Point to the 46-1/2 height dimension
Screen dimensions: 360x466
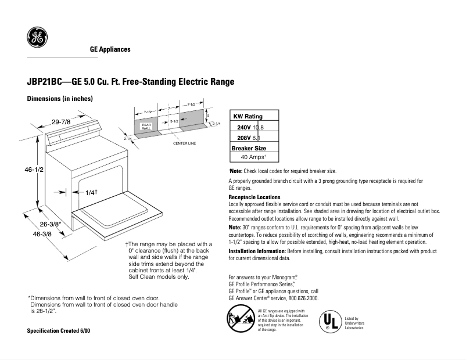pos(30,169)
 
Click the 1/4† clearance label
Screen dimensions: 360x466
pos(91,192)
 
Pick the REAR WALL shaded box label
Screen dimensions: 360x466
pos(146,126)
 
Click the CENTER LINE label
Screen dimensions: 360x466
pos(184,143)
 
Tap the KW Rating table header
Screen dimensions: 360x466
pos(248,117)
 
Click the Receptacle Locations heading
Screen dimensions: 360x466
pos(254,197)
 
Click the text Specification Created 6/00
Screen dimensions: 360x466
pos(59,330)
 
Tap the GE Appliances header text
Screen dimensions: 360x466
pos(110,49)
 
